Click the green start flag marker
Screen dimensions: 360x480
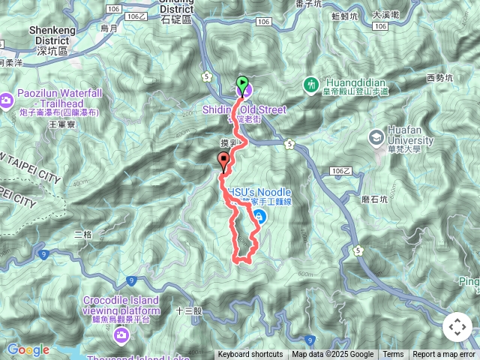[242, 83]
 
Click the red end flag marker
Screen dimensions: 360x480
[223, 160]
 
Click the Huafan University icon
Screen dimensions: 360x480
[376, 137]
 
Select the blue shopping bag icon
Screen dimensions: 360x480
[259, 217]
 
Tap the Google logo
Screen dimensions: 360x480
[27, 349]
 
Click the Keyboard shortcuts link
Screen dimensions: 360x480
[250, 355]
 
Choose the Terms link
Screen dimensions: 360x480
[393, 355]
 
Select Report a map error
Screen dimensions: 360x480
[444, 355]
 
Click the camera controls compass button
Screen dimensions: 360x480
[457, 327]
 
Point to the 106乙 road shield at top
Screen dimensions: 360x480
[136, 16]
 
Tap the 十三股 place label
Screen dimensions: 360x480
[188, 310]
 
